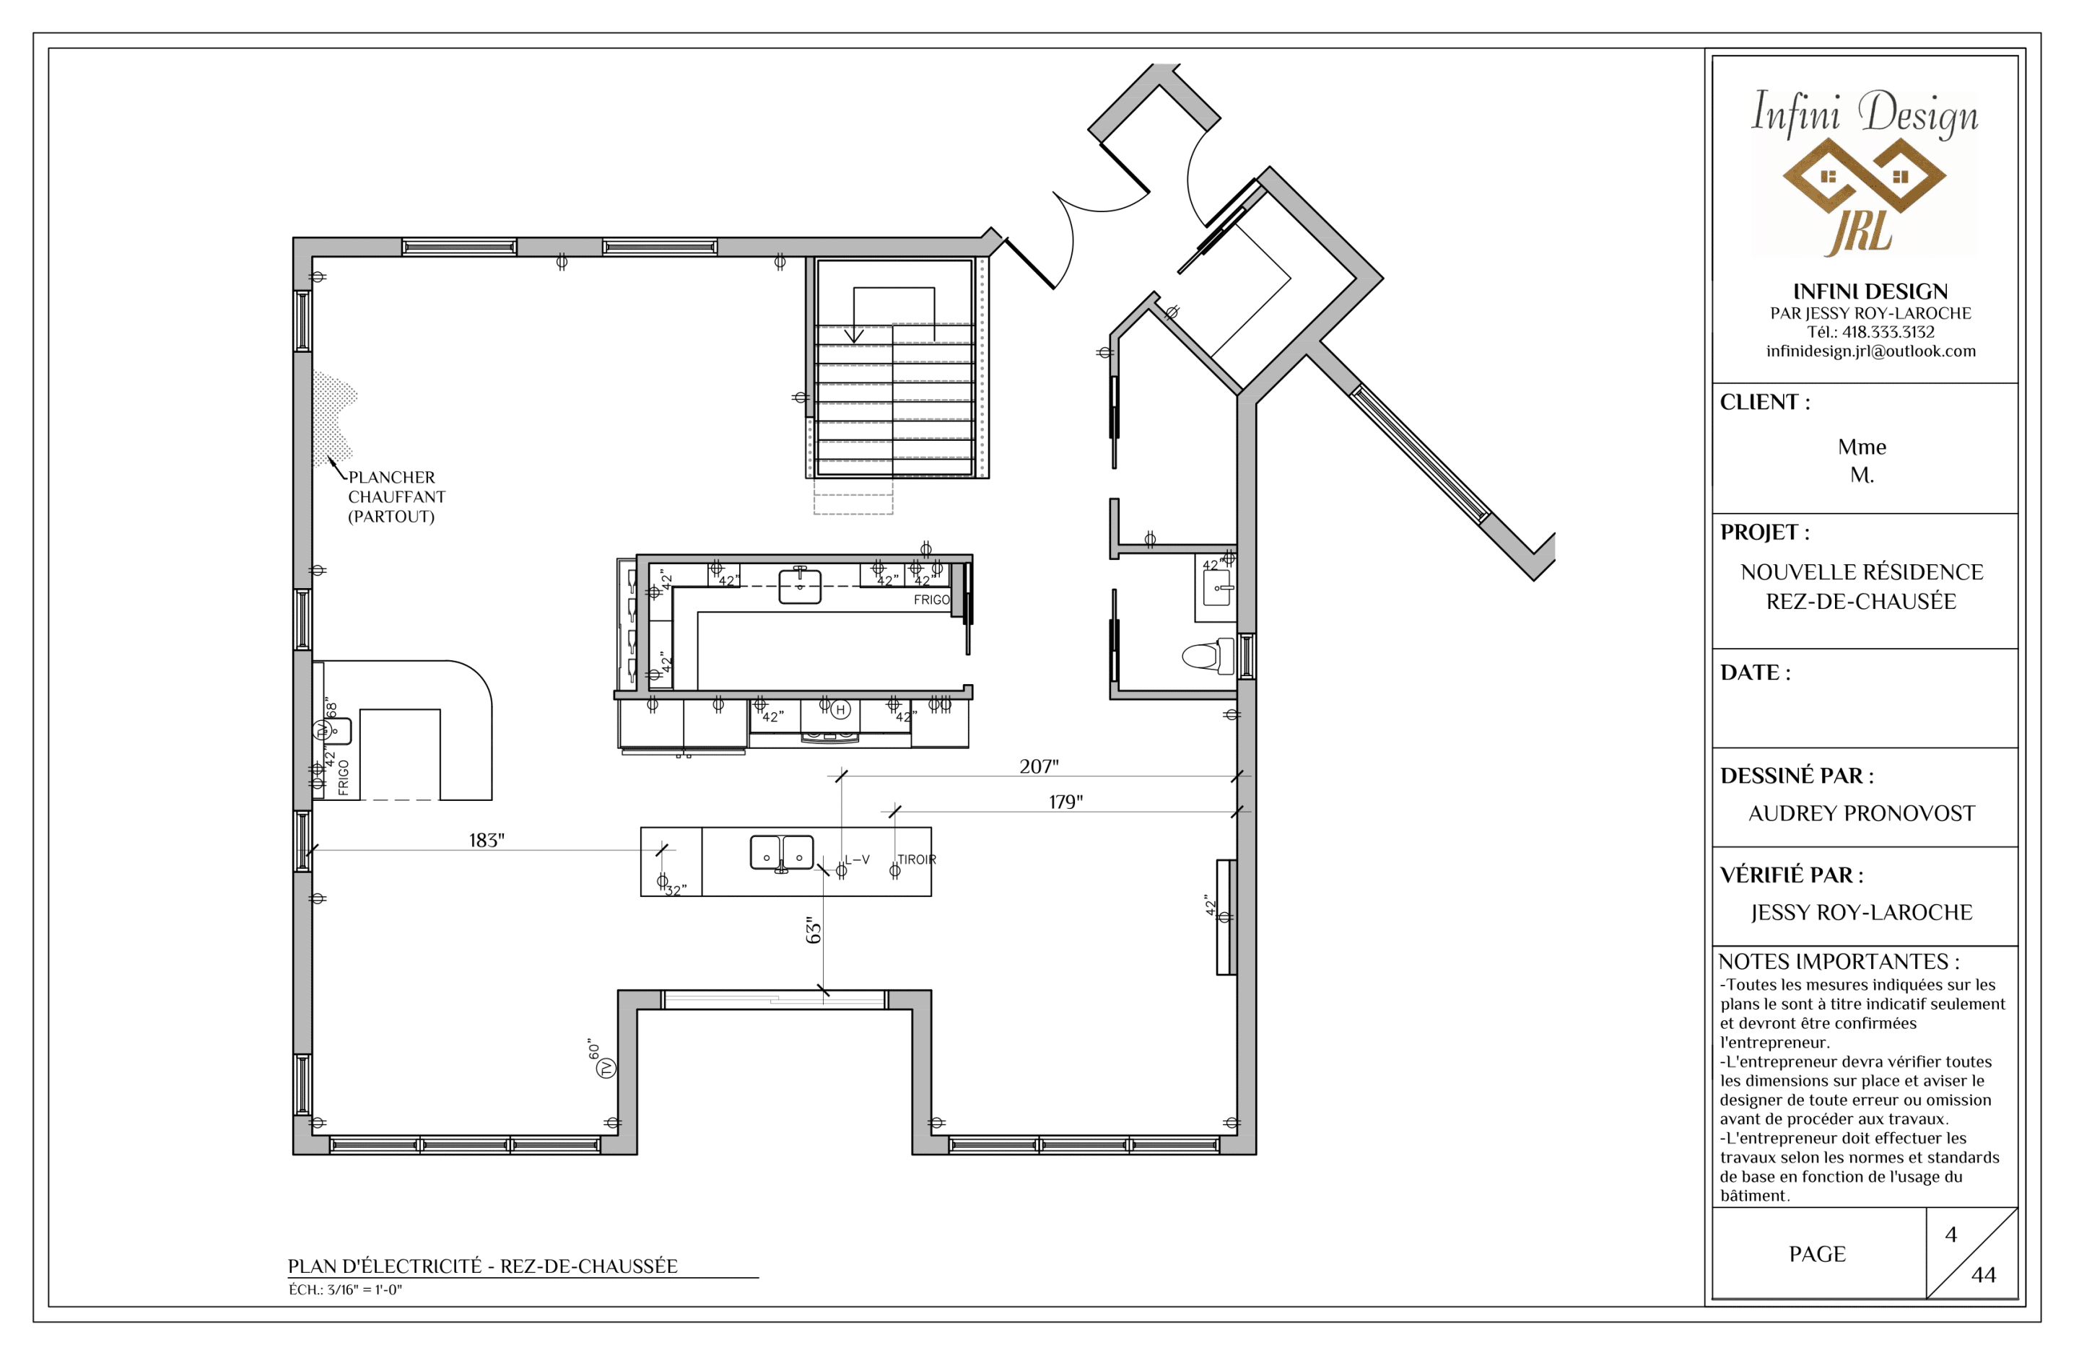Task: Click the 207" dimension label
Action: click(x=1039, y=766)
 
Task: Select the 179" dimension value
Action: click(x=1065, y=802)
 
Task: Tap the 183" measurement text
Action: click(x=487, y=840)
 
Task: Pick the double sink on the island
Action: click(x=782, y=854)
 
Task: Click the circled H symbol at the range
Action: click(x=840, y=710)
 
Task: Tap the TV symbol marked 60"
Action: click(x=606, y=1067)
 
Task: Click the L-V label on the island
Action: click(x=857, y=859)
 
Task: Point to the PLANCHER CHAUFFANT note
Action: click(x=396, y=497)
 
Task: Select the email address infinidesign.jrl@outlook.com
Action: click(x=1870, y=351)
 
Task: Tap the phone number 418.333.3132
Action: click(x=1888, y=332)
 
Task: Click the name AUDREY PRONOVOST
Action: click(x=1862, y=813)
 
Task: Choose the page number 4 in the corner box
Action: click(x=1951, y=1234)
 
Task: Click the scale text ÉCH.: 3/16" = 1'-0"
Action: click(x=345, y=1290)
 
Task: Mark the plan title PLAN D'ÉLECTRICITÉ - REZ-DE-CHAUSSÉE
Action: click(x=483, y=1266)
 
